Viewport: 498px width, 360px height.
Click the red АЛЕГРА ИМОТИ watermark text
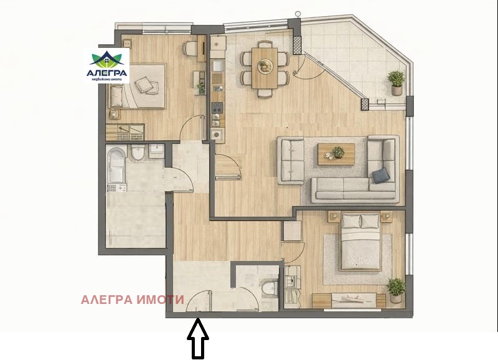[x=132, y=300]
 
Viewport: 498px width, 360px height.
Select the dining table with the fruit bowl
[x=266, y=65]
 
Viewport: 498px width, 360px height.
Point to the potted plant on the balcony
[x=396, y=82]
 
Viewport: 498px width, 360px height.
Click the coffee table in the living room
[x=337, y=154]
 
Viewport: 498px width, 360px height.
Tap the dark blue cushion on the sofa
[x=380, y=176]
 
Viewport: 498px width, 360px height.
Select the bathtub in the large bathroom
[x=116, y=167]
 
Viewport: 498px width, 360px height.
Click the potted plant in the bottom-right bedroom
[x=395, y=288]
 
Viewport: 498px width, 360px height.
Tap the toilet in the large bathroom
[x=138, y=153]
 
